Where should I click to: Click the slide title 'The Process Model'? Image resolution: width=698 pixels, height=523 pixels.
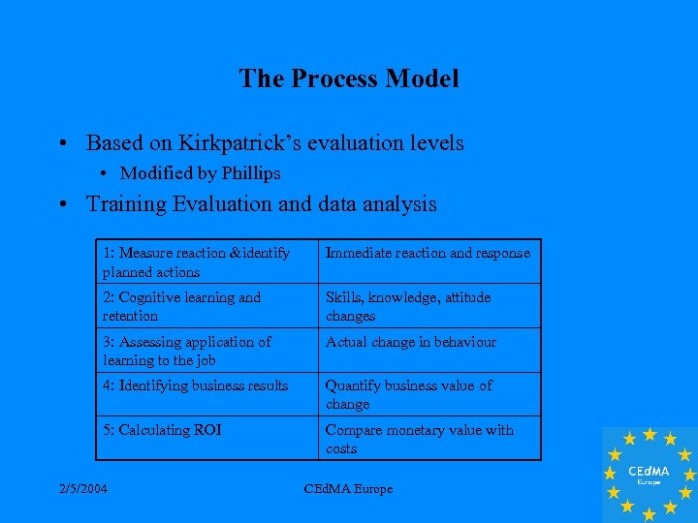tap(349, 78)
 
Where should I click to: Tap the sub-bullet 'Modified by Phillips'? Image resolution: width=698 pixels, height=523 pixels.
tap(200, 173)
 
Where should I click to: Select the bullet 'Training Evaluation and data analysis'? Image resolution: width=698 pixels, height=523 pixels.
tap(261, 204)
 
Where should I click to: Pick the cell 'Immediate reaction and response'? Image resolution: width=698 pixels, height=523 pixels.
tap(428, 253)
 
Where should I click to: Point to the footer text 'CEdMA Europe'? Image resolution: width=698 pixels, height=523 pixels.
tap(348, 489)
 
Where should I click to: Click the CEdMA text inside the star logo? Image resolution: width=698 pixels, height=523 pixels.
tap(649, 471)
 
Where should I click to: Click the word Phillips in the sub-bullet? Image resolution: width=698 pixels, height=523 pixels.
tap(251, 173)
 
